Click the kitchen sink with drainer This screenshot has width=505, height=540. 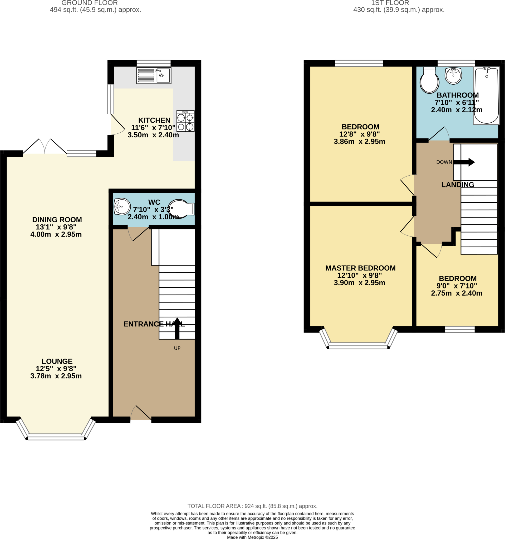[154, 75]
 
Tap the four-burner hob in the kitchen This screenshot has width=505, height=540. [185, 121]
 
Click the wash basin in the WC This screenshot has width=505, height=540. [122, 206]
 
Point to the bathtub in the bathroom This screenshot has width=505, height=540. [486, 96]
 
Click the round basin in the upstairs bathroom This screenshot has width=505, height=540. [453, 76]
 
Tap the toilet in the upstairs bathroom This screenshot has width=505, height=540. [429, 80]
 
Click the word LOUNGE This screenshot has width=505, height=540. [57, 361]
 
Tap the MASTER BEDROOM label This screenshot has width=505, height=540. [360, 268]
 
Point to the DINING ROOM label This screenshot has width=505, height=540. [57, 219]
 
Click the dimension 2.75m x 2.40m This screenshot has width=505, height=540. [457, 293]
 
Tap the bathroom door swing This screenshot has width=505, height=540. [439, 134]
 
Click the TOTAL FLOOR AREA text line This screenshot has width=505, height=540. [252, 506]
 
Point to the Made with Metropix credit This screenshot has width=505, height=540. [252, 537]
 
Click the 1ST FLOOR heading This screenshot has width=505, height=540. [390, 3]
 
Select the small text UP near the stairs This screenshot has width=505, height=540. [177, 348]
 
